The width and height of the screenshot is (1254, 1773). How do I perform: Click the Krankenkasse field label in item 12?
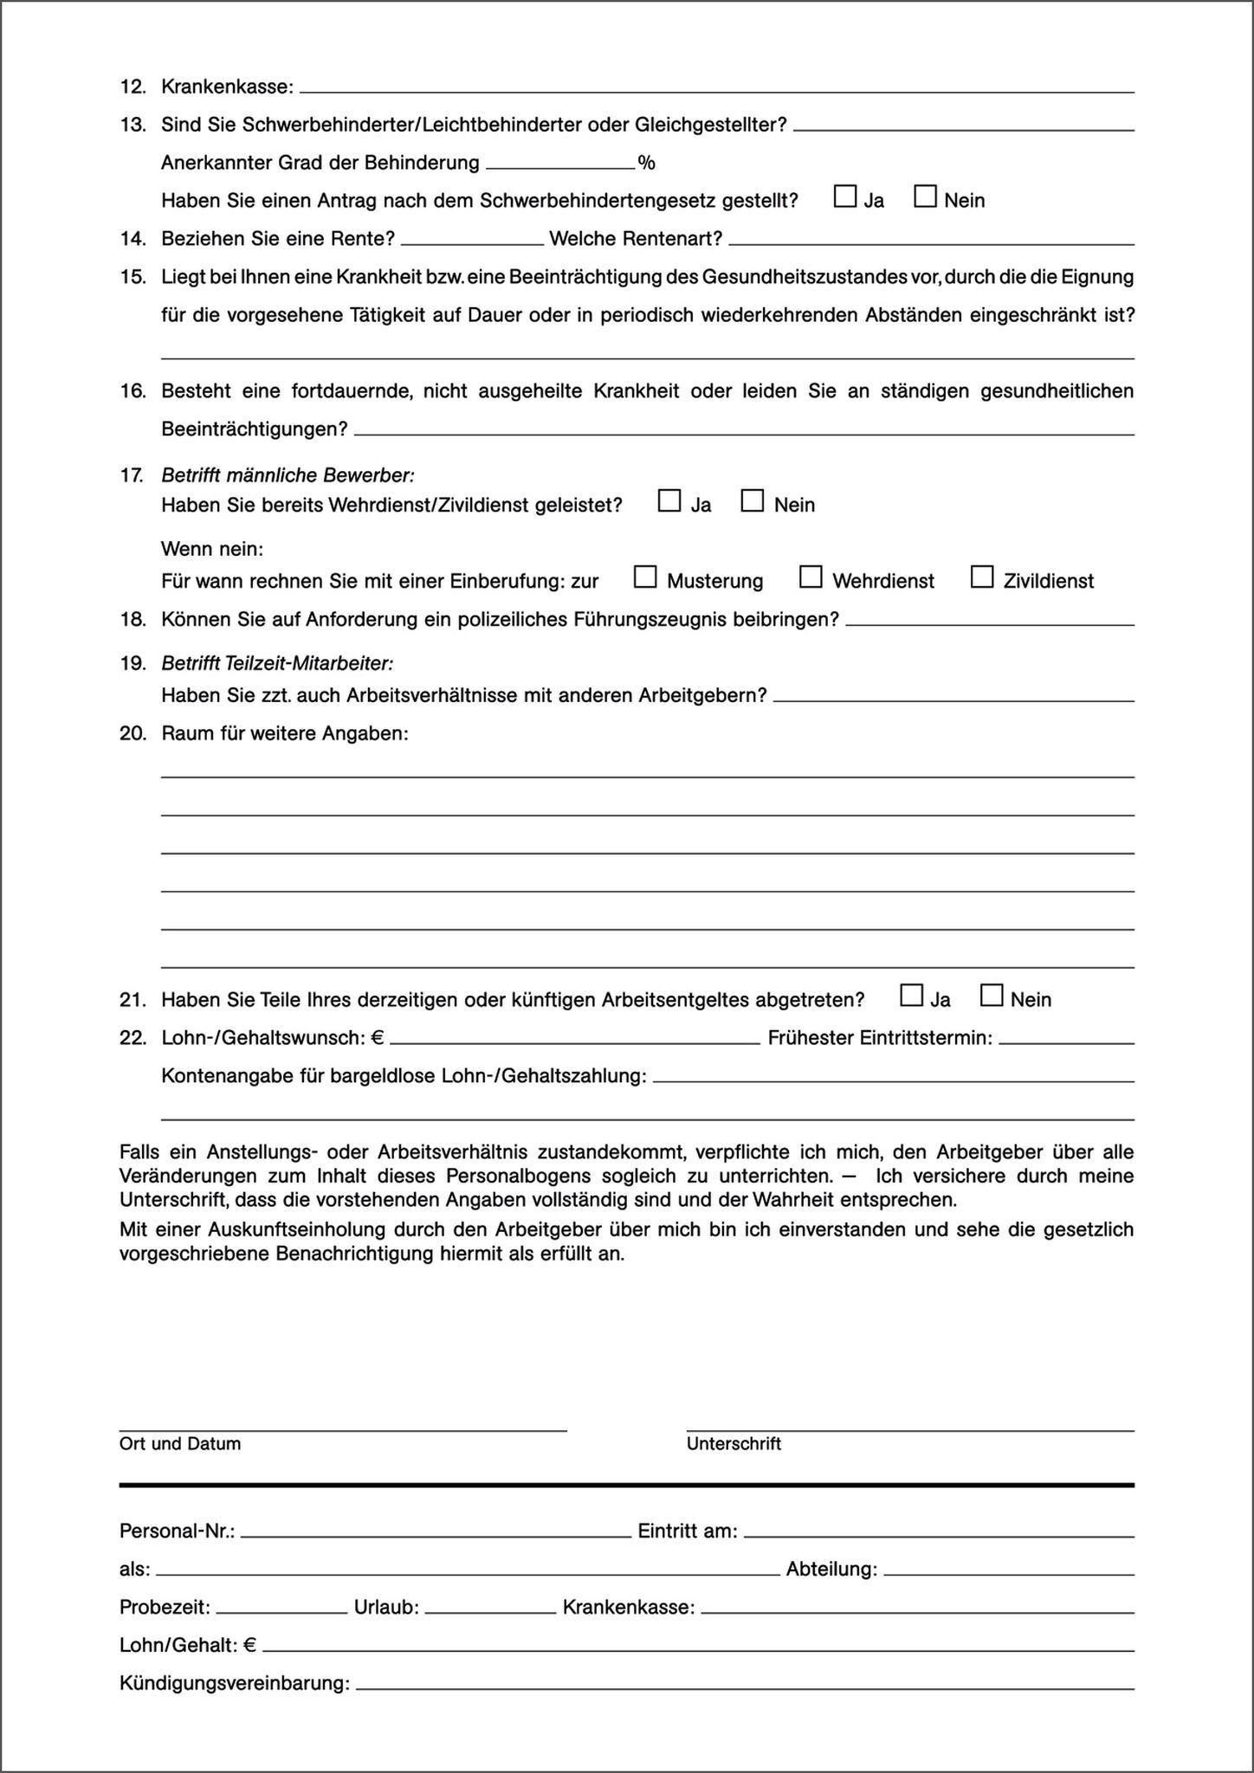[228, 87]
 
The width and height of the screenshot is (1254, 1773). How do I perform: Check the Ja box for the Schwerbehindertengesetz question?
[844, 197]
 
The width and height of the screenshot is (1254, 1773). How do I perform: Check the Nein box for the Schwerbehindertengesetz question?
[926, 197]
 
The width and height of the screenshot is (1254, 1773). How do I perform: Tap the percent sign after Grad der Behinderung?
[646, 163]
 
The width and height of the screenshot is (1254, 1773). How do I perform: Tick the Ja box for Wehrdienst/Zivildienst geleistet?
[669, 501]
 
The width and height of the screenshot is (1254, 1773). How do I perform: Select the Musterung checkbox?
[645, 577]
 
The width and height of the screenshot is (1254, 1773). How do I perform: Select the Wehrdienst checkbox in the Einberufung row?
[811, 577]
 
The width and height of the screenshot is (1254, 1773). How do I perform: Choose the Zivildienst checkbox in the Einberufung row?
[982, 577]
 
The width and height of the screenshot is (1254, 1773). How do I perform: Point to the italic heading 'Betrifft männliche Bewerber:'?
[288, 475]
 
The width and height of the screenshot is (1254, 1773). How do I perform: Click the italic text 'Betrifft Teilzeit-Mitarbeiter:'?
[277, 663]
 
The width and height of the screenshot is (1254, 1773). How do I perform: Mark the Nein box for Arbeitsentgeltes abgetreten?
[992, 996]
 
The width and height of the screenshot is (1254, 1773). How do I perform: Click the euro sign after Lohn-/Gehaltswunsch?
[378, 1037]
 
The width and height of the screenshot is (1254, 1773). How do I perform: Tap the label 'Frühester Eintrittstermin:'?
[880, 1037]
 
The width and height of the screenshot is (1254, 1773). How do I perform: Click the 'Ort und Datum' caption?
[180, 1444]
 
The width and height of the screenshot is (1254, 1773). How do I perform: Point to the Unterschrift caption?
[734, 1444]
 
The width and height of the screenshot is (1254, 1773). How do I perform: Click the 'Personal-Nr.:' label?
[178, 1531]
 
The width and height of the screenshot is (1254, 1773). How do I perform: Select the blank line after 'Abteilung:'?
[1009, 1570]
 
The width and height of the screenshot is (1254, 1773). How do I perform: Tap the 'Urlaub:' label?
[386, 1608]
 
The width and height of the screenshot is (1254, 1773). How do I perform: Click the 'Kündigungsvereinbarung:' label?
[235, 1684]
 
